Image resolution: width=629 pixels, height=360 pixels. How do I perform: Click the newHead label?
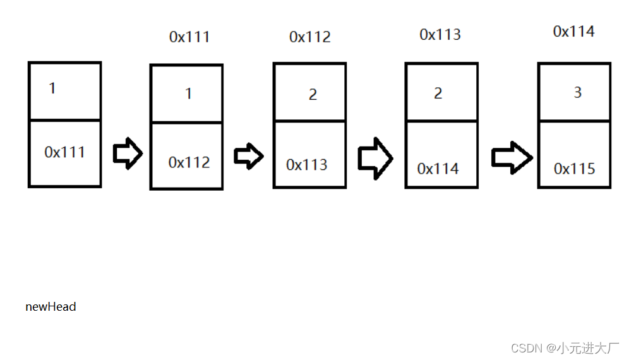coord(51,307)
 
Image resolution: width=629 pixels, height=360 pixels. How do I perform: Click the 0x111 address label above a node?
coord(189,37)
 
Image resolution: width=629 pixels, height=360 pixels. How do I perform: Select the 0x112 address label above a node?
coord(310,37)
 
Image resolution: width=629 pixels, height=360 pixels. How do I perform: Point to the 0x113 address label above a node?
coord(440,35)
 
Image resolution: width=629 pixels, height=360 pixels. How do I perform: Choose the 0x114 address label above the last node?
coord(573,32)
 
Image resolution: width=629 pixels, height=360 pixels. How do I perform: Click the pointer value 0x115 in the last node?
coord(575,169)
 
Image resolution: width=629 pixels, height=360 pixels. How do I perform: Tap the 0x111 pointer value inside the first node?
coord(65,152)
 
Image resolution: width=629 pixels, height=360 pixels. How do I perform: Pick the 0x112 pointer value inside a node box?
coord(189,162)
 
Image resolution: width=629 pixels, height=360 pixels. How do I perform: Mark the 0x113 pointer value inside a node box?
coord(307,165)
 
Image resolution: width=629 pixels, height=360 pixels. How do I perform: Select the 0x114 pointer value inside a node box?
coord(438,169)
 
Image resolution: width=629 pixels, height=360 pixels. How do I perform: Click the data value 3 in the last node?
coord(577,92)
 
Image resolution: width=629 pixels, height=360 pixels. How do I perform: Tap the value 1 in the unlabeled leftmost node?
coord(52,88)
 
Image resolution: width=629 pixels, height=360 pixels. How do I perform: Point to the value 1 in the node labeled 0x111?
coord(188,94)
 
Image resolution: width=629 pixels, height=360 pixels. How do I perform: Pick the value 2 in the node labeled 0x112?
coord(313,95)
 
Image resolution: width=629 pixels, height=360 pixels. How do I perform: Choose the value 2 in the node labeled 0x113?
coord(438,93)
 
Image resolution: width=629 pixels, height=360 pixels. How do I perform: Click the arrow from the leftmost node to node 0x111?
coord(128,153)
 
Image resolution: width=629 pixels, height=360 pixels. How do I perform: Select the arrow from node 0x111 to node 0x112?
coord(248,156)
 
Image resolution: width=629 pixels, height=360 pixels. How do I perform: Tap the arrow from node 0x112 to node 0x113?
coord(375,157)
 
